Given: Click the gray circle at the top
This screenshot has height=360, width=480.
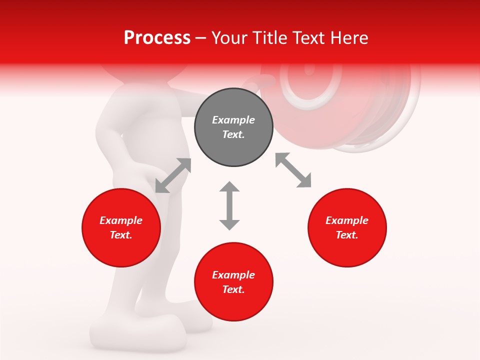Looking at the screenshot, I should pyautogui.click(x=233, y=127).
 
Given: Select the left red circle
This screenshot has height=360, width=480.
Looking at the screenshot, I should pyautogui.click(x=121, y=228).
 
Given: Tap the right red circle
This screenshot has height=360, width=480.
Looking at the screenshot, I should pyautogui.click(x=347, y=228).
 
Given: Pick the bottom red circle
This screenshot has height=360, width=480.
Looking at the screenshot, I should pyautogui.click(x=233, y=282).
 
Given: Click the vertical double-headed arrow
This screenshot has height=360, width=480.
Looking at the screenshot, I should pyautogui.click(x=229, y=205).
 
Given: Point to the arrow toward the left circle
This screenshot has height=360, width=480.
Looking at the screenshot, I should pyautogui.click(x=173, y=175).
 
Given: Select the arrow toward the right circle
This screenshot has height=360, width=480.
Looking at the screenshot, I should pyautogui.click(x=293, y=170).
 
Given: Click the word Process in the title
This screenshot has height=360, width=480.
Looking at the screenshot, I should pyautogui.click(x=157, y=37).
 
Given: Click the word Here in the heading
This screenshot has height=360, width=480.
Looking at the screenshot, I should pyautogui.click(x=350, y=37).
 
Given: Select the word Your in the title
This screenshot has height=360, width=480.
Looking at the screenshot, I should pyautogui.click(x=228, y=37).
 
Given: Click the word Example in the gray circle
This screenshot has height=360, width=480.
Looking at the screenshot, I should pyautogui.click(x=233, y=120).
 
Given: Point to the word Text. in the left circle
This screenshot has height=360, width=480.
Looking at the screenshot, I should pyautogui.click(x=121, y=235).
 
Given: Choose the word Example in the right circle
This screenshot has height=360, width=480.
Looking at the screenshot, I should pyautogui.click(x=347, y=220).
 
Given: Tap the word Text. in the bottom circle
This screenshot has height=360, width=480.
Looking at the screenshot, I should pyautogui.click(x=233, y=289).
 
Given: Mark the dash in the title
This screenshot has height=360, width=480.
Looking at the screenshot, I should pyautogui.click(x=200, y=38).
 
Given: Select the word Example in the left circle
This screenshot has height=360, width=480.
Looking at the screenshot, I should pyautogui.click(x=121, y=220).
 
